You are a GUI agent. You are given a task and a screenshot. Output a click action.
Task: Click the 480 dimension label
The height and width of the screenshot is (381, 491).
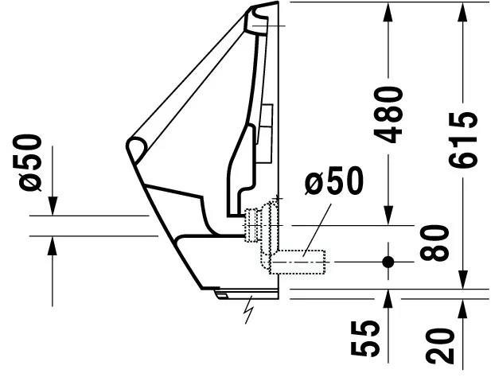[388, 115]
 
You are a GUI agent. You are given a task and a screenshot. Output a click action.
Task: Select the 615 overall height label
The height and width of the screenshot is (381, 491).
[463, 140]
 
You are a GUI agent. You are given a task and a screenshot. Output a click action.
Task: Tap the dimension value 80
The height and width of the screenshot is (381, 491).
[434, 243]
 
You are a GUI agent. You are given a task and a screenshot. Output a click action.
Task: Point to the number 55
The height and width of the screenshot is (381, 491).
[365, 338]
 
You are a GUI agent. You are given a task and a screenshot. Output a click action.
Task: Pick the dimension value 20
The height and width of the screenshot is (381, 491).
[440, 346]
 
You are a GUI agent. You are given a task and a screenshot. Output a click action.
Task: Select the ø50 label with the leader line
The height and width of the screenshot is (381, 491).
[334, 181]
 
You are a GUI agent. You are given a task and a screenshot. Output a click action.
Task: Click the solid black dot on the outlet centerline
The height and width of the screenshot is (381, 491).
[388, 262]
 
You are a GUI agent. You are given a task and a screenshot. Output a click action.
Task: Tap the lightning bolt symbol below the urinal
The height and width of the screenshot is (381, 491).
[249, 309]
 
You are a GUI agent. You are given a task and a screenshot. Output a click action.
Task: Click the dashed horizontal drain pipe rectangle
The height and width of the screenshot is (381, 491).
[297, 262]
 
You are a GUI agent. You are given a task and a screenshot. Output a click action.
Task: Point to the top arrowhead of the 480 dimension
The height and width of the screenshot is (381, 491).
[388, 13]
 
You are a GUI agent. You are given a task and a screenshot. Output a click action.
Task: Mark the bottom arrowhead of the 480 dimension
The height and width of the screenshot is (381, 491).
[388, 215]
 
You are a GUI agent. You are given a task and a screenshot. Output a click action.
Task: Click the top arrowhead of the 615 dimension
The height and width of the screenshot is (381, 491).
[463, 13]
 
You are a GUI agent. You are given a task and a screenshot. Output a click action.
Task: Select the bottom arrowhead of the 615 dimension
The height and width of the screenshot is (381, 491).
[463, 279]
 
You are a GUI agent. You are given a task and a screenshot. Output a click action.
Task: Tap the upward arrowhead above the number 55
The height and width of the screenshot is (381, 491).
[388, 300]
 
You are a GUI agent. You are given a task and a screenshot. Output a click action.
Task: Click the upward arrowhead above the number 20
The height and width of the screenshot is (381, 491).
[463, 309]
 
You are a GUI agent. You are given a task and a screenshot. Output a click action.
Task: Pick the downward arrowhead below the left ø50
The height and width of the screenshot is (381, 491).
[53, 206]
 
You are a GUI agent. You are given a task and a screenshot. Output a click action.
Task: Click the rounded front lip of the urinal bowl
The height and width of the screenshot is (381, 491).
[137, 150]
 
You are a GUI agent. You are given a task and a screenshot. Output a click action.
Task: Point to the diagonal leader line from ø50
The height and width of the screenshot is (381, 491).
[317, 230]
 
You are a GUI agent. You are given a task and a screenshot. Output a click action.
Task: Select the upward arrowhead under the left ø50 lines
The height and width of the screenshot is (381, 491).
[53, 247]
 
